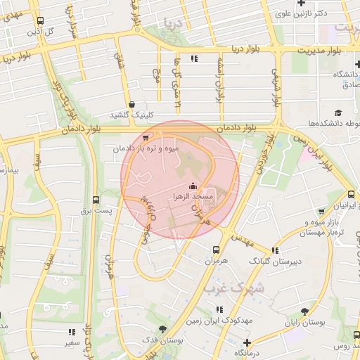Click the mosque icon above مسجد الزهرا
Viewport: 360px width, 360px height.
coord(193,186)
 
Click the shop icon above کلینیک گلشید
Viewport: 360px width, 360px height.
coord(131,104)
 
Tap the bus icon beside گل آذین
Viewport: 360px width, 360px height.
coord(39,21)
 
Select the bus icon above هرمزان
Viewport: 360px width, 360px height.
coord(216,249)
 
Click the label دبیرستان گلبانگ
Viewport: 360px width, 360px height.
coord(275,260)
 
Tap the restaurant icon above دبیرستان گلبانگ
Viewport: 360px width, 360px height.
coord(275,250)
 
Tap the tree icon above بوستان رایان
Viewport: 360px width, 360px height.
coord(304,311)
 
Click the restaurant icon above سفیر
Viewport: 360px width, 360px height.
coord(71,331)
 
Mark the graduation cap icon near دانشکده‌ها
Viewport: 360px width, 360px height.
coord(338,112)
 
